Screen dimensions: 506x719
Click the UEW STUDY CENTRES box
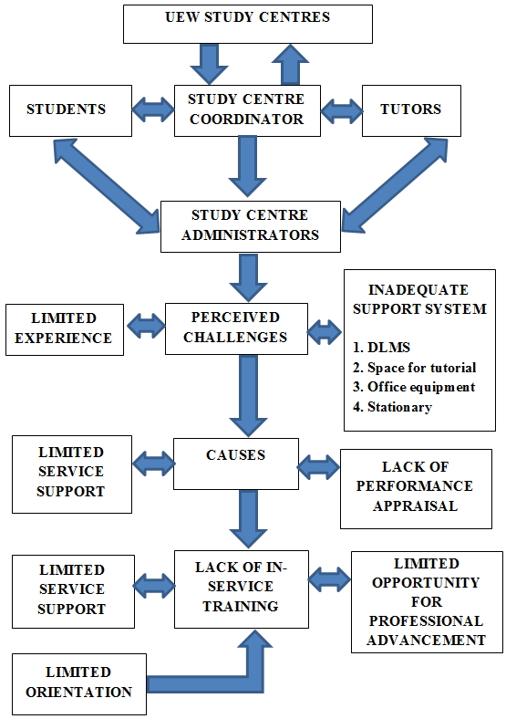pos(247,25)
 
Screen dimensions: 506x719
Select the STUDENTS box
pos(70,110)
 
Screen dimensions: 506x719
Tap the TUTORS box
pos(411,110)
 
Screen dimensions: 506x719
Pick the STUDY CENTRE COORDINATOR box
pos(247,110)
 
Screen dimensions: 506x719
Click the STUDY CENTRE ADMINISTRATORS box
pos(250,226)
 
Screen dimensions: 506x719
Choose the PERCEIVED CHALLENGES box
pos(236,328)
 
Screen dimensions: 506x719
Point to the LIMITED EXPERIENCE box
pos(65,329)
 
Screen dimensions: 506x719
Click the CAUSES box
pos(236,464)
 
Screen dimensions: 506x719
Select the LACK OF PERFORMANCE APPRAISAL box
pos(416,489)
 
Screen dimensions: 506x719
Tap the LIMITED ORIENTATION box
pos(78,684)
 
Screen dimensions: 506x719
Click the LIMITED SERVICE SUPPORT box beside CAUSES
pos(72,474)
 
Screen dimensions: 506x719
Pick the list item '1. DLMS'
pos(381,348)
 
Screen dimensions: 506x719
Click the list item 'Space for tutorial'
pos(421,368)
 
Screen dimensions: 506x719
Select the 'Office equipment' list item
pos(421,388)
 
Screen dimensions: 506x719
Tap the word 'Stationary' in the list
pos(399,407)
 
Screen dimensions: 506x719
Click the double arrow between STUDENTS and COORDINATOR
pos(153,109)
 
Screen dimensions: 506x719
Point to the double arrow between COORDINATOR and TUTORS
pos(342,110)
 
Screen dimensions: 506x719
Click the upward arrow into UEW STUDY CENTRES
pos(290,64)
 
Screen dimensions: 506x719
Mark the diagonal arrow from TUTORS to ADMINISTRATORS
pos(395,185)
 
